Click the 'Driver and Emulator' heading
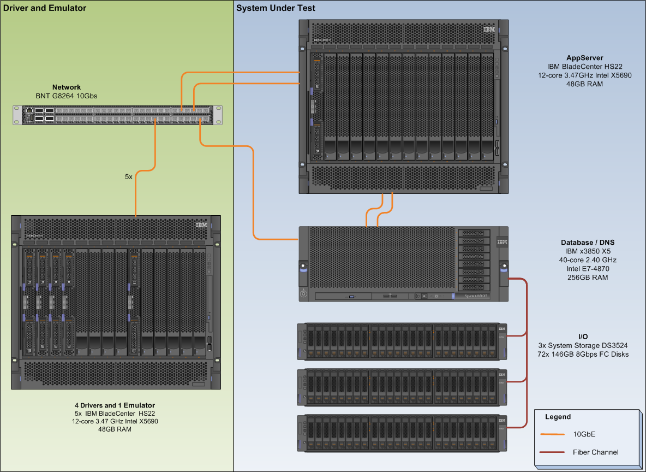pos(45,8)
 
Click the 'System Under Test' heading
pos(276,8)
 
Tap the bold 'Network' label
pos(67,87)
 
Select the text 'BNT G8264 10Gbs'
pos(67,96)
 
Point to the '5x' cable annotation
pos(128,176)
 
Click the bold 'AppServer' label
pos(584,57)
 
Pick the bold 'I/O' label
pos(583,337)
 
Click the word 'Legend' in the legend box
pos(558,417)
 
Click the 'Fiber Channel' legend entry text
pos(595,452)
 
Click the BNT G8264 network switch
pos(118,115)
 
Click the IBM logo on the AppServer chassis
pos(489,29)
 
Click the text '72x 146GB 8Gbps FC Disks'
pos(583,354)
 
